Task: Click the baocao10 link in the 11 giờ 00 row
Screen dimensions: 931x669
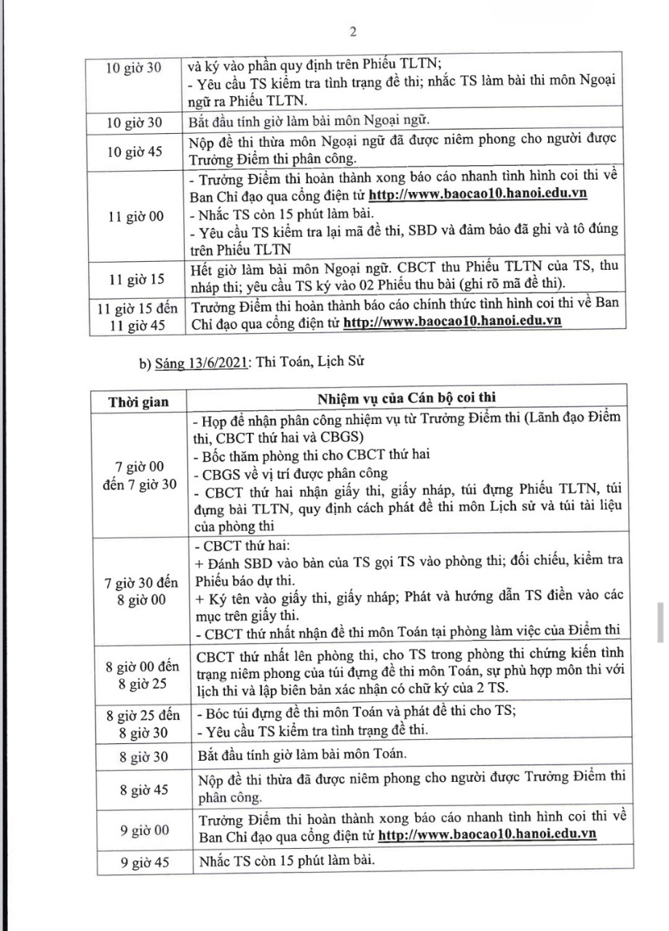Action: (478, 195)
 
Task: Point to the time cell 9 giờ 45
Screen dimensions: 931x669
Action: (138, 862)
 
